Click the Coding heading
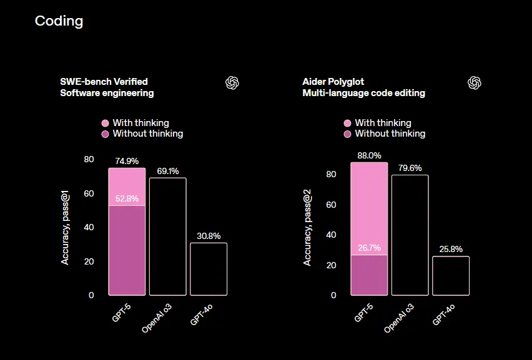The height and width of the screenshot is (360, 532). coord(59,21)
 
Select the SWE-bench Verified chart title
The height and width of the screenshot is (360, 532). coord(104,82)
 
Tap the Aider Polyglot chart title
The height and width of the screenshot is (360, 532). coord(333,82)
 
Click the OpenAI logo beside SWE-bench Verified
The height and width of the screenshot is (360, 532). coord(232,83)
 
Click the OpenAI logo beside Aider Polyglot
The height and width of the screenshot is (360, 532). coord(475,83)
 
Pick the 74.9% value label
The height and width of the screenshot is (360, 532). coord(127,161)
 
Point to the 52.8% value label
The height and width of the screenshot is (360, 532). coord(127,199)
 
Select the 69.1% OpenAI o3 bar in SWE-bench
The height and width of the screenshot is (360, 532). coord(167,236)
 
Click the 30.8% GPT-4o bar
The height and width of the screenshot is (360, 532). coord(209,269)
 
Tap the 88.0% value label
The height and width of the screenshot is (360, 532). coord(369,155)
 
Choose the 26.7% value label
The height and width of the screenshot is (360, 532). coord(369,248)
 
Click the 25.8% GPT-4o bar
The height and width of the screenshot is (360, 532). coord(451,276)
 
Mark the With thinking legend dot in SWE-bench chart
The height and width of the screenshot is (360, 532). coord(105,123)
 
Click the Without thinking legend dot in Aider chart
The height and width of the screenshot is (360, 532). coord(348,134)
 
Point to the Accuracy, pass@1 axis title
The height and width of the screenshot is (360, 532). coord(65,227)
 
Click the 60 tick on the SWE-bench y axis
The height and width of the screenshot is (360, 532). coord(89,193)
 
